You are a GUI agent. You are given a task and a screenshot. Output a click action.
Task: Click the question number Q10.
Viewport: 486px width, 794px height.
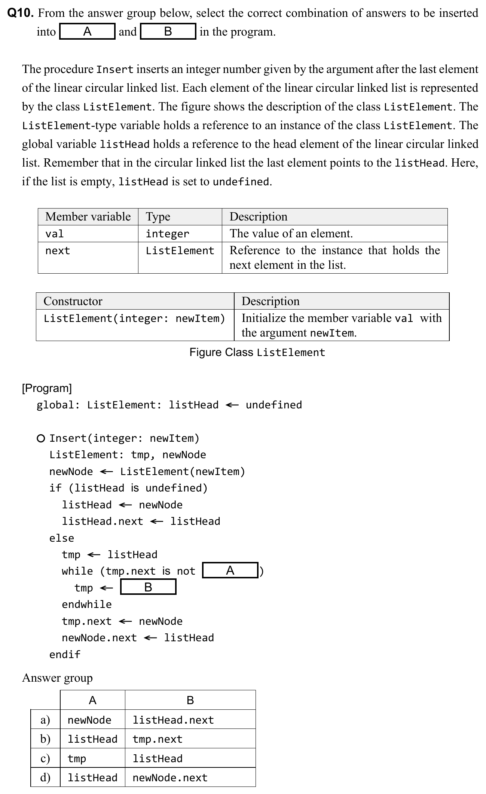click(x=21, y=13)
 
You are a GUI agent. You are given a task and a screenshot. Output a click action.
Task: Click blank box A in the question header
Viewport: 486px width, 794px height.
click(x=87, y=31)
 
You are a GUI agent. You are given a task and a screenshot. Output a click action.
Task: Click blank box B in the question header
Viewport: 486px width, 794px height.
click(x=168, y=31)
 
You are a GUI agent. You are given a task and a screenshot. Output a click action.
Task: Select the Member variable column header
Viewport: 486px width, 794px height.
click(x=88, y=217)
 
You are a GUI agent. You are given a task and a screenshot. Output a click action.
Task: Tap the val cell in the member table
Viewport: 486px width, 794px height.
click(x=55, y=234)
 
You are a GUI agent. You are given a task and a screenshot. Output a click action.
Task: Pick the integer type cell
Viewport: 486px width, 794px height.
click(x=167, y=234)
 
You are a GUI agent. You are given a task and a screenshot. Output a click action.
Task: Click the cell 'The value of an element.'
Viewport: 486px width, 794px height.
click(x=291, y=234)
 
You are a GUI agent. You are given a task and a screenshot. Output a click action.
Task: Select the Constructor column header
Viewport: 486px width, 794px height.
click(x=73, y=301)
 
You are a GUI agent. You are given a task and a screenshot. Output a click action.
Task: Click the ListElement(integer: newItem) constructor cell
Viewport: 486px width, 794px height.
click(x=134, y=319)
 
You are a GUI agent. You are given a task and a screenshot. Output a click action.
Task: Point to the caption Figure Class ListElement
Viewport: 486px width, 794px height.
click(x=257, y=353)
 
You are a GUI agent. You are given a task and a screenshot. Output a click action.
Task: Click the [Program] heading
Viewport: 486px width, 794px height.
click(x=47, y=388)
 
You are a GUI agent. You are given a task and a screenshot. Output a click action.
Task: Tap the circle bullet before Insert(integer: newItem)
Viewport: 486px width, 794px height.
click(x=41, y=438)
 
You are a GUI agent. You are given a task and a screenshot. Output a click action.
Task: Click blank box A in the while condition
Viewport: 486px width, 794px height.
click(x=230, y=571)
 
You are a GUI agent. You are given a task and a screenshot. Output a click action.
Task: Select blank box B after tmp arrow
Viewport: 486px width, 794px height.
click(x=148, y=587)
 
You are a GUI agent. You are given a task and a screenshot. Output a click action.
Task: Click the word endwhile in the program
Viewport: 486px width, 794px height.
click(x=87, y=605)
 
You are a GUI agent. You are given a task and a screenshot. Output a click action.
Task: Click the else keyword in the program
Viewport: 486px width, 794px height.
click(x=62, y=538)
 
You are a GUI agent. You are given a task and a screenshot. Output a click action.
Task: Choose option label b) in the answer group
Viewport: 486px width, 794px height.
click(x=45, y=739)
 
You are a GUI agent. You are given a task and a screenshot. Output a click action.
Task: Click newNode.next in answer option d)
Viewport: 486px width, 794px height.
click(x=170, y=778)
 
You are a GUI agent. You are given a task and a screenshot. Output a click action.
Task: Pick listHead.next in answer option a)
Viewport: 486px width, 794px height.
click(x=173, y=720)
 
